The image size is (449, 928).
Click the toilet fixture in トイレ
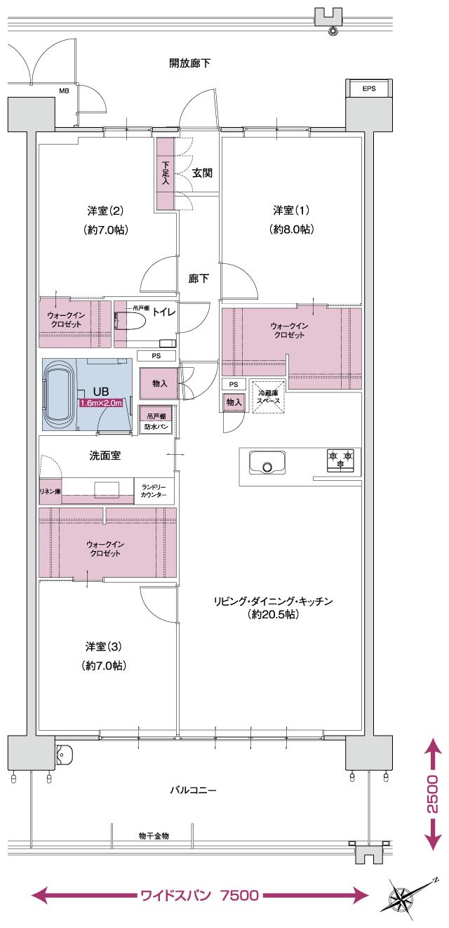click(x=133, y=322)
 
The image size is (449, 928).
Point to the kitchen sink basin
click(x=266, y=464)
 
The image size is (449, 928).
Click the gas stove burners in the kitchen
click(x=340, y=459)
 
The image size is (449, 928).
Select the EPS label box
click(x=368, y=89)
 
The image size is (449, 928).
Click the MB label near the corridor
click(x=64, y=91)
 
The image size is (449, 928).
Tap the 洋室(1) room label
click(x=291, y=211)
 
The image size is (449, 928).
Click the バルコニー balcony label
click(x=193, y=790)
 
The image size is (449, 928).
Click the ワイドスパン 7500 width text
click(x=201, y=895)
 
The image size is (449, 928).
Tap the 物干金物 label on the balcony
click(x=154, y=836)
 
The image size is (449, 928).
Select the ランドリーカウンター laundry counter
click(x=154, y=491)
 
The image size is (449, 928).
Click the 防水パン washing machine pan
click(x=156, y=427)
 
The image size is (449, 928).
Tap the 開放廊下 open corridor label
click(x=190, y=63)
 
